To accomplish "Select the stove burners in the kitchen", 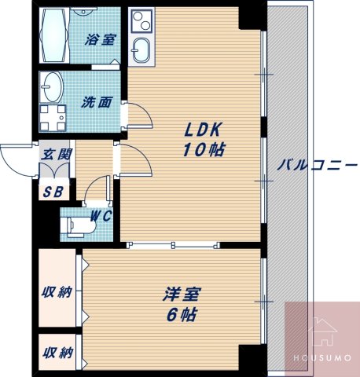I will tap(140, 20).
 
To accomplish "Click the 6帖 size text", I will tap(182, 315).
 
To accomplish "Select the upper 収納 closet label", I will tap(57, 292).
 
